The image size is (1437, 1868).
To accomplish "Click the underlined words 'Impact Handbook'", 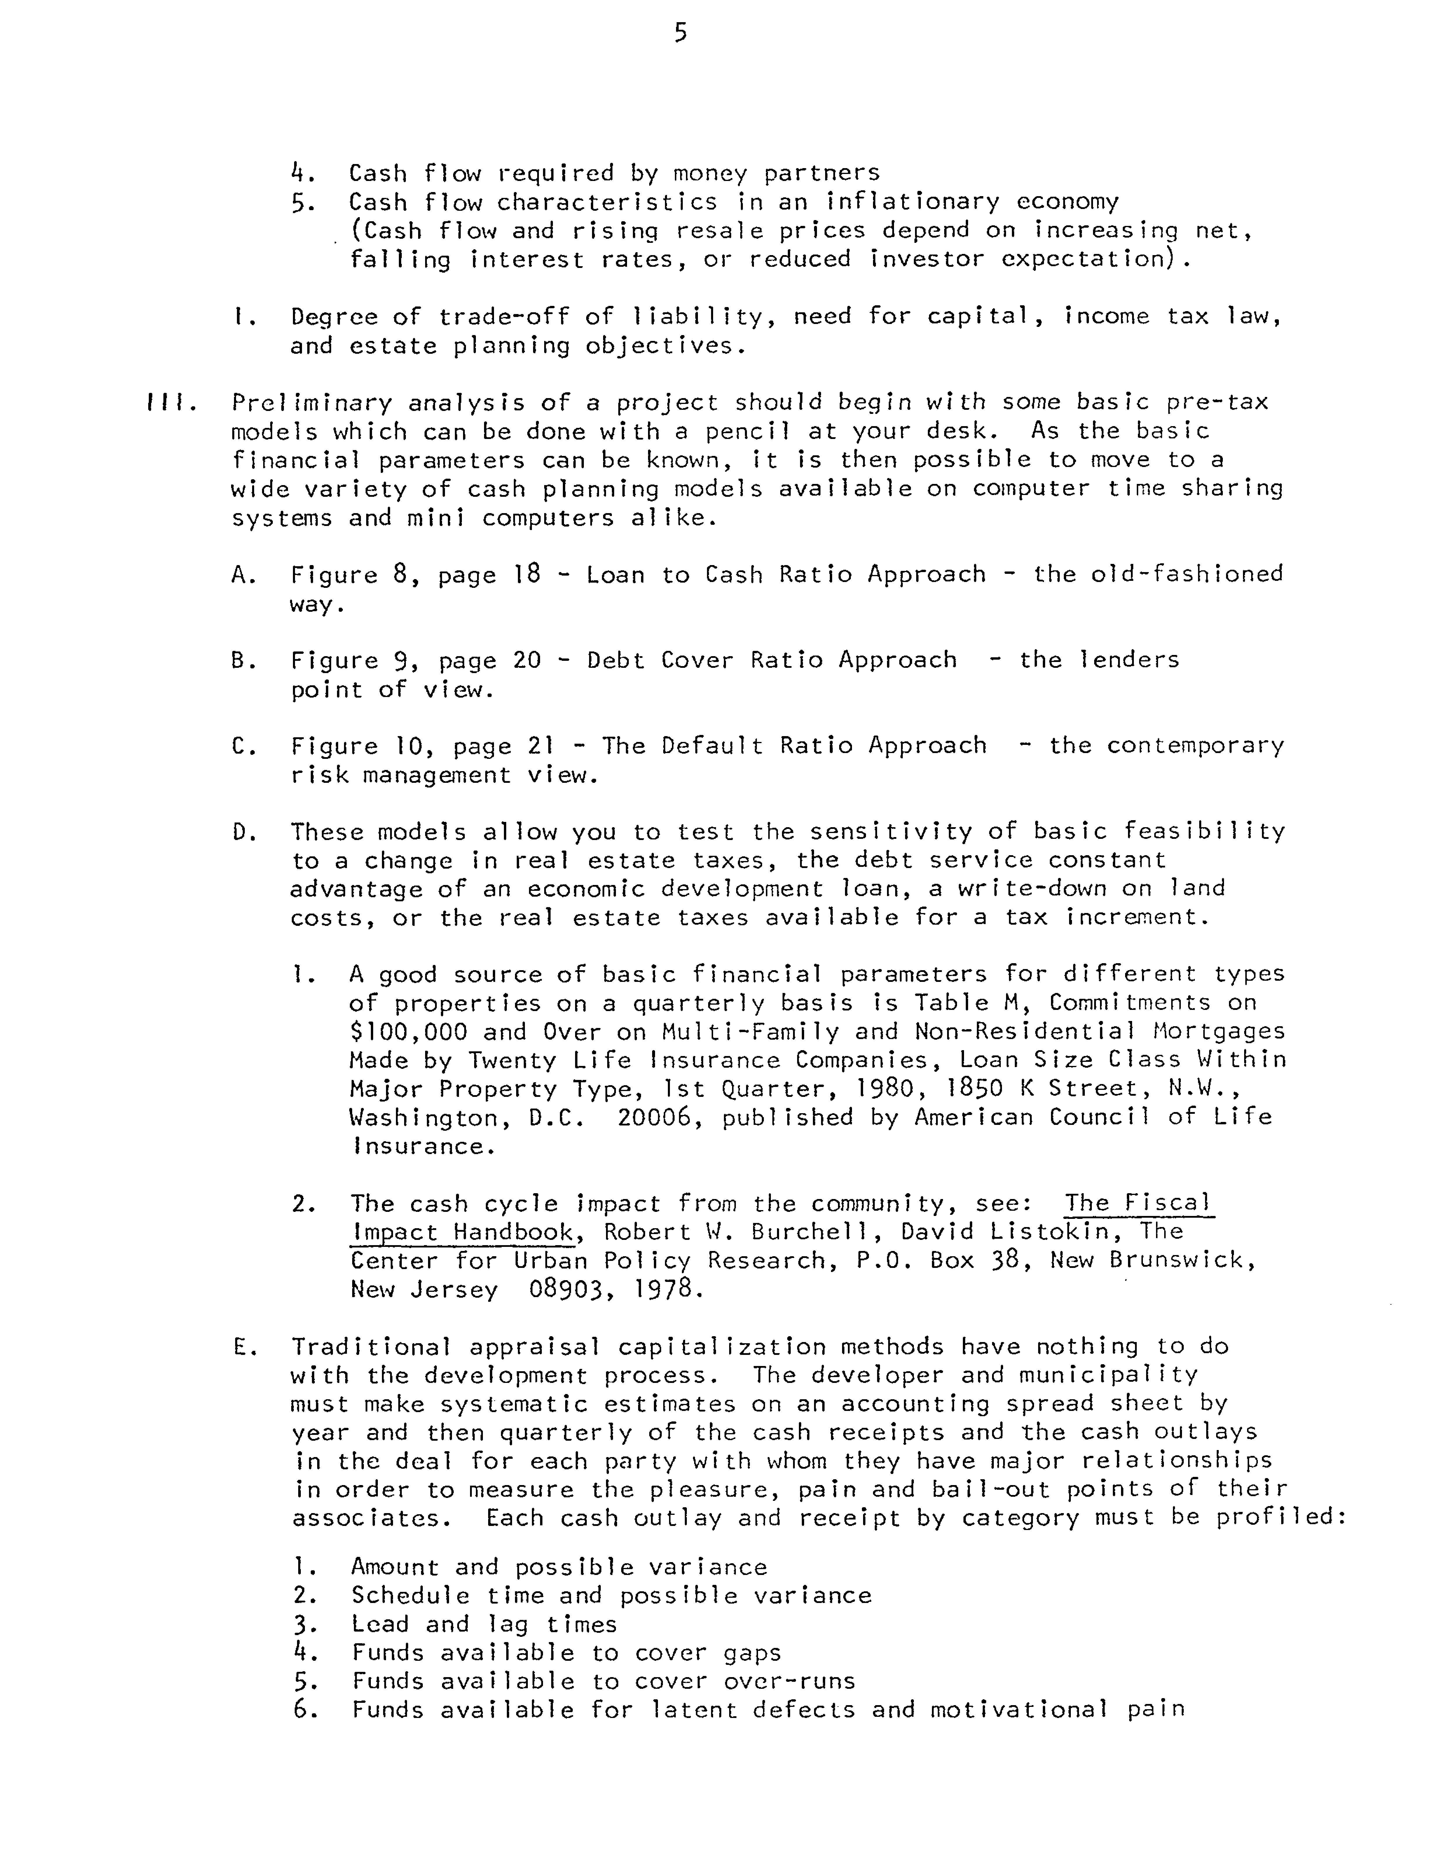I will tap(462, 1233).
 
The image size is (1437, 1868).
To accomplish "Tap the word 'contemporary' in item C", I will tap(1195, 746).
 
